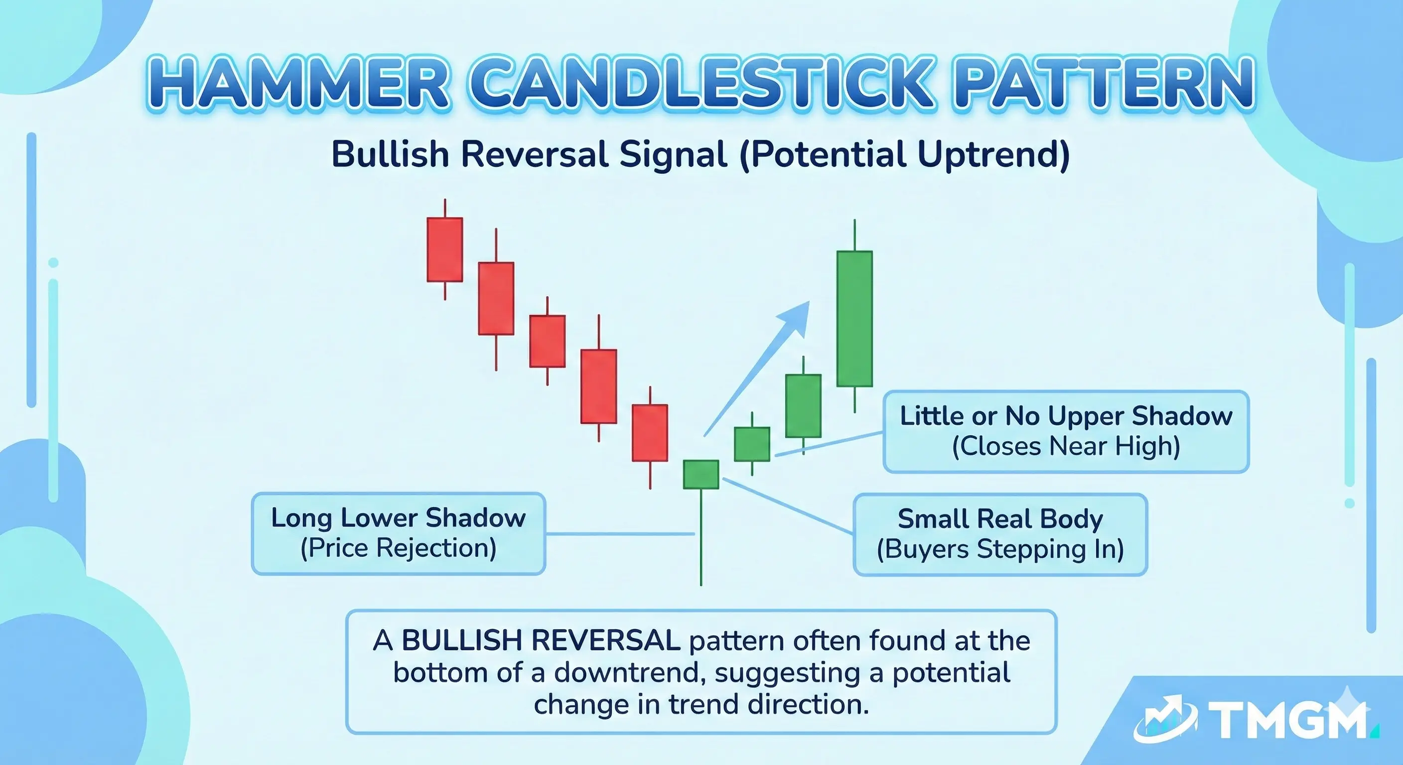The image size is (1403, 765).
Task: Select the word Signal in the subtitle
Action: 673,154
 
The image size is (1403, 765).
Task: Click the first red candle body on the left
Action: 444,250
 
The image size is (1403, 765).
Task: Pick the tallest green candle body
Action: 854,319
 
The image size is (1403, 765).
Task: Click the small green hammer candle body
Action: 701,474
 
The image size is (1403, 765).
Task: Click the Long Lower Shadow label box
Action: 398,533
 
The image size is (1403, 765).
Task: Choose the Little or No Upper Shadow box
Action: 1065,431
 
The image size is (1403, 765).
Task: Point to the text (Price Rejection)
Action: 398,548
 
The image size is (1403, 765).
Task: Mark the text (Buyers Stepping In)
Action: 1000,549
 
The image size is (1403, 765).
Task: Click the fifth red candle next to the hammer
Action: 650,433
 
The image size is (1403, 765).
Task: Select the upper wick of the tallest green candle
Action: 854,235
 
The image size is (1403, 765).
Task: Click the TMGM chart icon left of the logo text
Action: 1165,719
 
